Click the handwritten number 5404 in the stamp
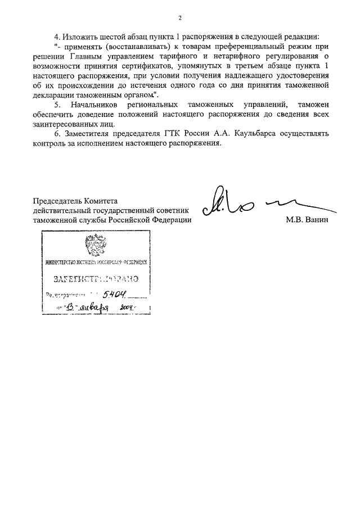[x=115, y=293]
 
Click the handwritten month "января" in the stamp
[x=96, y=307]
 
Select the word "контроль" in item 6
[x=50, y=143]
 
